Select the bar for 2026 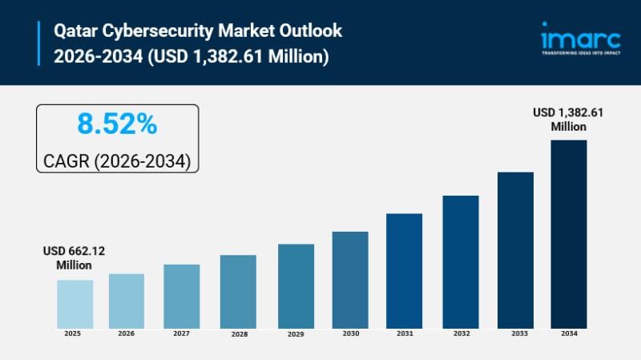(127, 301)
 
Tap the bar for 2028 (238, 291)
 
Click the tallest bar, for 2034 (569, 233)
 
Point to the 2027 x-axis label (182, 333)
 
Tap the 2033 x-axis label (515, 333)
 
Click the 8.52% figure (117, 124)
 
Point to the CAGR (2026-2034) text (117, 160)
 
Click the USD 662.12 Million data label (74, 257)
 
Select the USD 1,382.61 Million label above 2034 (568, 119)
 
